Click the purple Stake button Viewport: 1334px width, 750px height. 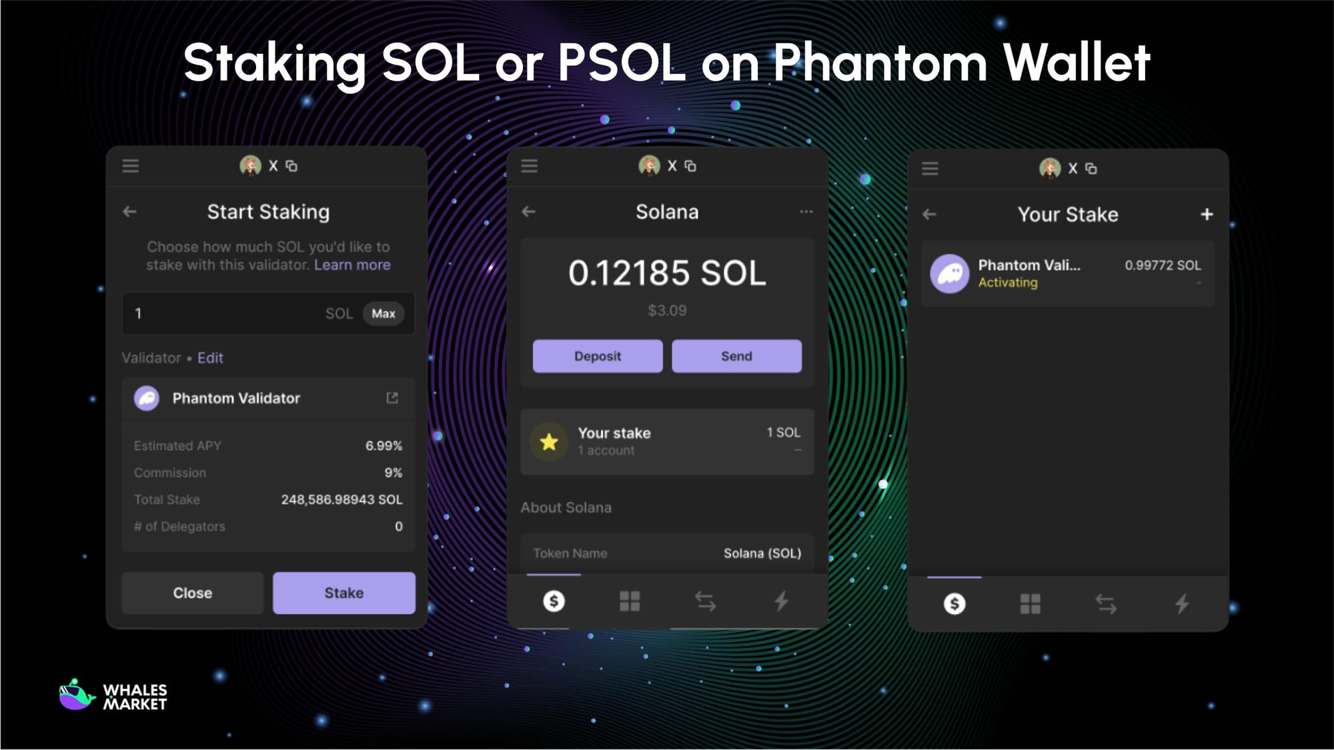[x=344, y=593]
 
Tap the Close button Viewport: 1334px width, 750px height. [x=192, y=593]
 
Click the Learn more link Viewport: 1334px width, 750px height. [x=352, y=265]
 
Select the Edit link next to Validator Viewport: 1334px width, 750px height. [x=210, y=358]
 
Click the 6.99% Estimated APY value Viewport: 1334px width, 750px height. [x=384, y=445]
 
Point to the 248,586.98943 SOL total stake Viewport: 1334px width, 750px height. [x=342, y=499]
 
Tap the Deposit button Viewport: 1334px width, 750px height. [x=597, y=356]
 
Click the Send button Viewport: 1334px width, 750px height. [x=736, y=356]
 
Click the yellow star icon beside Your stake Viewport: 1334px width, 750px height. [x=549, y=441]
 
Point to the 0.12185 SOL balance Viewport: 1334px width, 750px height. [x=667, y=273]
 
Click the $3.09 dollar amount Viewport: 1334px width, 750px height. [x=667, y=310]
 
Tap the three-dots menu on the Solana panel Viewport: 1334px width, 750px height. [x=806, y=212]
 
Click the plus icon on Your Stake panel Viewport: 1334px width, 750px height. [x=1207, y=214]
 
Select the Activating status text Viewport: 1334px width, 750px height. [x=1008, y=283]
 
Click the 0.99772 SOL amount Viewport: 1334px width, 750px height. [x=1163, y=265]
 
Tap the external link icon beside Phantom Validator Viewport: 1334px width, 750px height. [x=392, y=398]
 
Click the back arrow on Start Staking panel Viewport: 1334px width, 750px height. [x=129, y=212]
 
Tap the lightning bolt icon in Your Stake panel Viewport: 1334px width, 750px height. [x=1181, y=604]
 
